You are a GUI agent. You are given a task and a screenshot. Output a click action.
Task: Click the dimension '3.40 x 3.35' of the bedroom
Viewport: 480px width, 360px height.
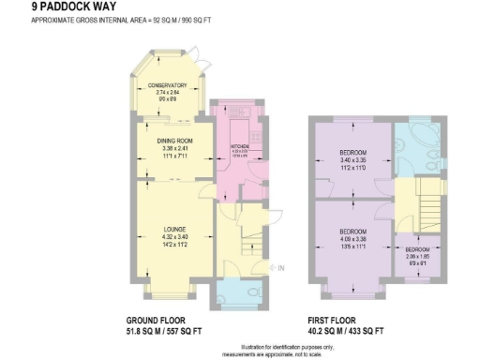pos(352,159)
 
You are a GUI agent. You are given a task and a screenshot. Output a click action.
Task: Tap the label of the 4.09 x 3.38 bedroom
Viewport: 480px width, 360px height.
pos(352,232)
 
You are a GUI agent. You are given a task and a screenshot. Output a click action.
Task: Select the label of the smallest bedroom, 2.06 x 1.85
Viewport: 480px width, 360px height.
pos(417,249)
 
